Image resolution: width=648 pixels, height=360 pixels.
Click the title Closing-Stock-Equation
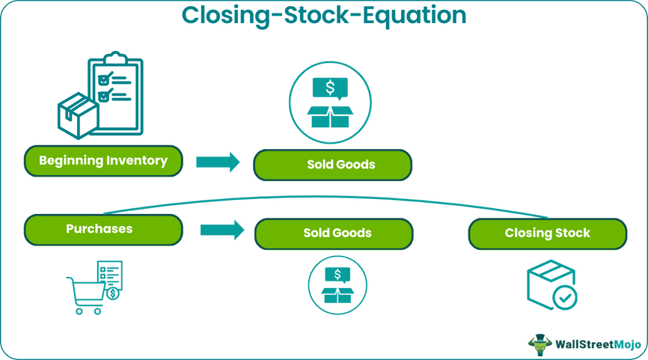[x=324, y=15]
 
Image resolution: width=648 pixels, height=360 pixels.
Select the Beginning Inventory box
[x=103, y=161]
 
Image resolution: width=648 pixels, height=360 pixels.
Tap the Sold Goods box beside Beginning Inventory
[x=332, y=165]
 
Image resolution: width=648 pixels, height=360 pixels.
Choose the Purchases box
[x=103, y=230]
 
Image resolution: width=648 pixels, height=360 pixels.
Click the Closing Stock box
[x=548, y=234]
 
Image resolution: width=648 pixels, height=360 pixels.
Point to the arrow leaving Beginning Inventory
[x=218, y=162]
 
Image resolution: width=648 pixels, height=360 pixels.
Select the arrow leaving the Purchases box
[x=222, y=231]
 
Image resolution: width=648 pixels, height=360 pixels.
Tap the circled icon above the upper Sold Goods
[x=330, y=103]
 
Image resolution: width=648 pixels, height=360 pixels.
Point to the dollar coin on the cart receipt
[x=112, y=293]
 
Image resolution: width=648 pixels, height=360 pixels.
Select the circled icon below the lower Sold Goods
[x=337, y=285]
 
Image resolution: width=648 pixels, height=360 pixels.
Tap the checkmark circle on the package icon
[x=564, y=297]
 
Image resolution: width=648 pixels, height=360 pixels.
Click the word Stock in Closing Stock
[x=572, y=234]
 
